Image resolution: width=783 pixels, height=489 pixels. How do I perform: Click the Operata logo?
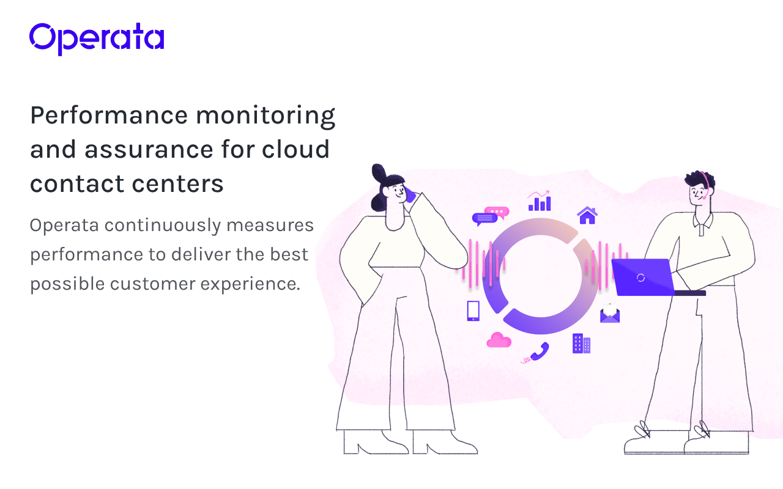[97, 39]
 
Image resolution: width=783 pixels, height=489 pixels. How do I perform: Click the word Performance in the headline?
[109, 116]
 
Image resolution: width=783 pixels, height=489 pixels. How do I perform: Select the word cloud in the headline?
[295, 149]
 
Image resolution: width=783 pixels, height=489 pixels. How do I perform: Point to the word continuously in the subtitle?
[163, 226]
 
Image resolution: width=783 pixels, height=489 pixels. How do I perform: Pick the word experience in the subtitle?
[250, 284]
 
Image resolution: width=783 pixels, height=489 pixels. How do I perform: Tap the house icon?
[587, 215]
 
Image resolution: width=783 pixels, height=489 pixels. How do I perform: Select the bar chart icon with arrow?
[540, 201]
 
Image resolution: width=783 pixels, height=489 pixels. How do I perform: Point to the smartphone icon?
[473, 311]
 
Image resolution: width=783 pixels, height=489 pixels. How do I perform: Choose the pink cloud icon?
[499, 340]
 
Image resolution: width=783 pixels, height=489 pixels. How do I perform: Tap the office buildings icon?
[581, 344]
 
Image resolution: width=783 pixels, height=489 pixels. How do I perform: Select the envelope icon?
[610, 314]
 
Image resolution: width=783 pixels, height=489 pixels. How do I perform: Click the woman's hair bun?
[379, 173]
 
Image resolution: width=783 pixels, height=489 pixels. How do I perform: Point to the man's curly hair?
[699, 179]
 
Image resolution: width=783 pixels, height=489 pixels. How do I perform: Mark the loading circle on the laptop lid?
[640, 278]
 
